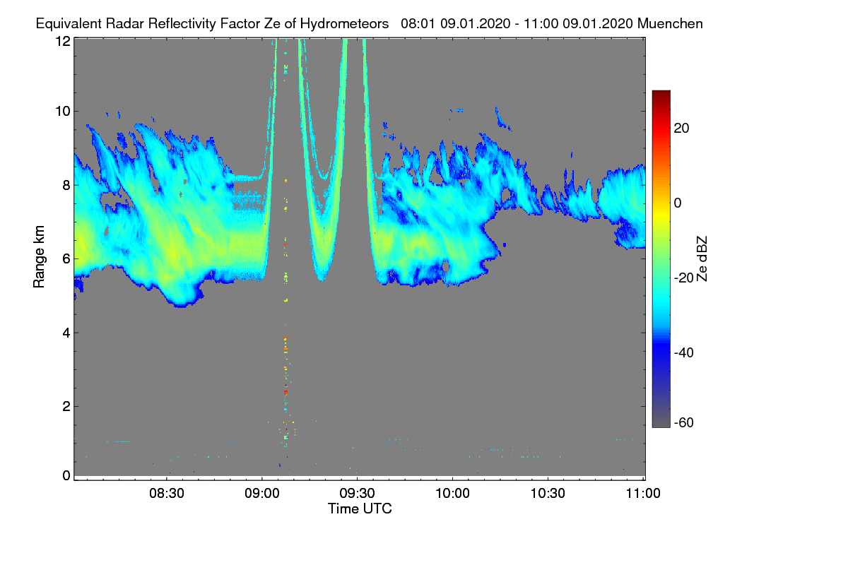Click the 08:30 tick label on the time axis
coord(167,494)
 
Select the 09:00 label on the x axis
coord(262,494)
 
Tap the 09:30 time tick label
coord(357,494)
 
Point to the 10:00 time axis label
coord(452,494)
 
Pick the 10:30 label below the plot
coord(548,494)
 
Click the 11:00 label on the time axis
coord(643,494)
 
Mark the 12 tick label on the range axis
coord(63,41)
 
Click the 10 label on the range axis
coord(63,112)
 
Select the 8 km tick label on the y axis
coord(66,186)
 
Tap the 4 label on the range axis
coord(66,333)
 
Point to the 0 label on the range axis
coord(66,476)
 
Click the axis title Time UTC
coord(360,509)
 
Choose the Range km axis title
coord(39,256)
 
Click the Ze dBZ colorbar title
coord(702,259)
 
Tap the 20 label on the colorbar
coord(681,129)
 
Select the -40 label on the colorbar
coord(684,352)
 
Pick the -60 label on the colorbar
coord(684,423)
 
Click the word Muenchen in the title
coord(670,24)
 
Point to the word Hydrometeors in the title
coord(344,24)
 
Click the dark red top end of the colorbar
coord(661,92)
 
